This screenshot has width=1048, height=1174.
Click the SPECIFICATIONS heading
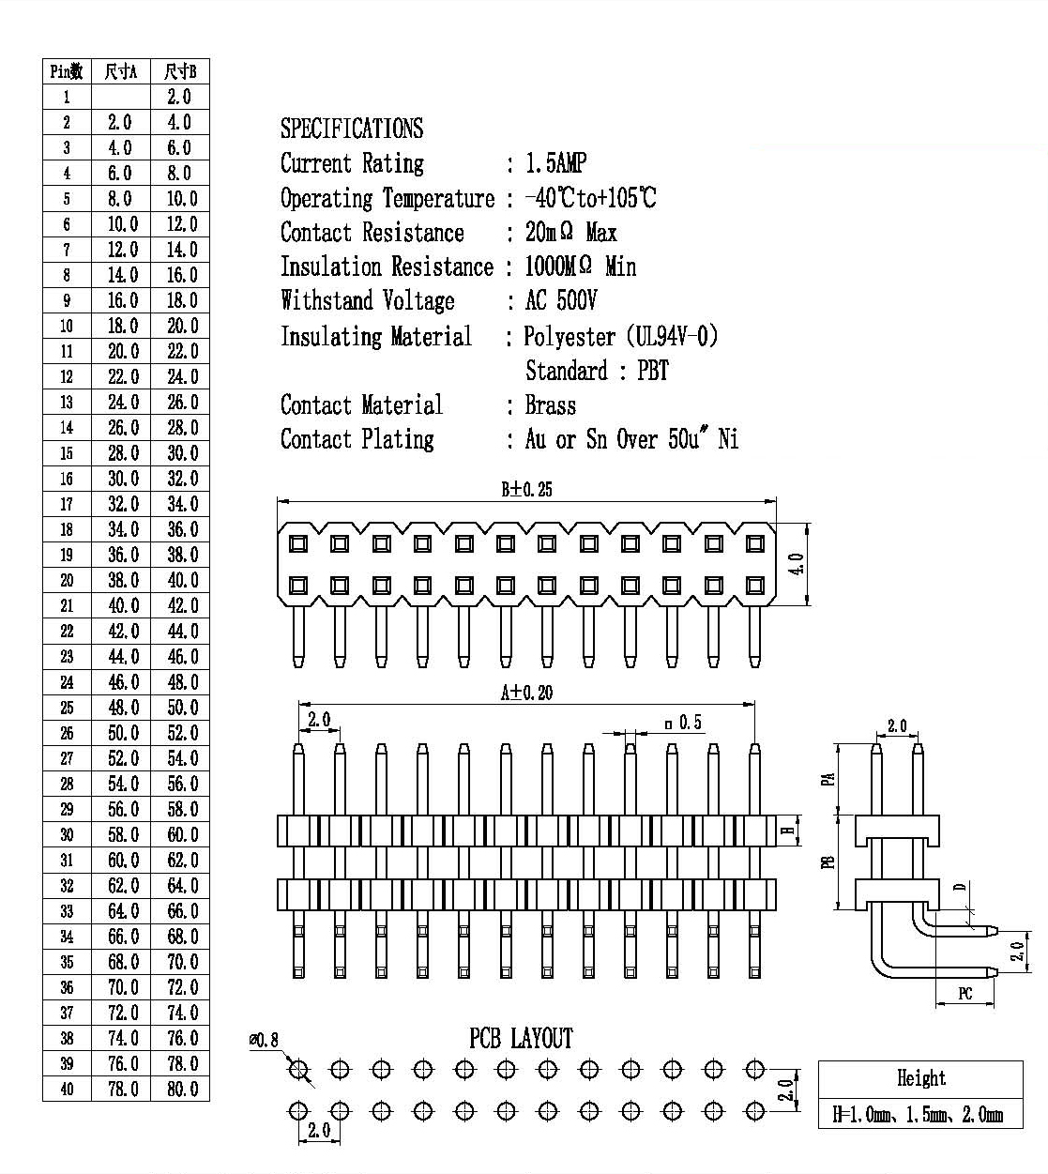pos(352,129)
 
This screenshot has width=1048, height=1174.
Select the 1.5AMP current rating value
pos(555,163)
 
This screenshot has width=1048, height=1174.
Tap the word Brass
pos(551,405)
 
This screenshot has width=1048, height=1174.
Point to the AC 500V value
pos(561,300)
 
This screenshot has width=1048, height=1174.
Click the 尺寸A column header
pos(121,72)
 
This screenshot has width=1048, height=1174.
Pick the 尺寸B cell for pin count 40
pos(183,1090)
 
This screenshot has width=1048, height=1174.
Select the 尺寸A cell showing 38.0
pos(124,580)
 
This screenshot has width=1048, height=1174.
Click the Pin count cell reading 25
pos(67,708)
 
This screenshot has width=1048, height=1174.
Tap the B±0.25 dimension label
pos(526,490)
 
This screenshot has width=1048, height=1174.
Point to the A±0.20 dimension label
pos(526,693)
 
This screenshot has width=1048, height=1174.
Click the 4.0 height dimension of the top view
pos(797,563)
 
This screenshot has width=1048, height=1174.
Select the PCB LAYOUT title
pos(521,1039)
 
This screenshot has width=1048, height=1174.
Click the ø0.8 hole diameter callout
pos(265,1040)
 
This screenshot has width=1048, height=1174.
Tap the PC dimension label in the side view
pos(965,994)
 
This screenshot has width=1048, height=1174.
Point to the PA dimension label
pos(828,779)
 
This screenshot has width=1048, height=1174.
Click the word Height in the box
pos(921,1077)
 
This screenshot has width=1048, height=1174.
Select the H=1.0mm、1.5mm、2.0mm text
pos(918,1114)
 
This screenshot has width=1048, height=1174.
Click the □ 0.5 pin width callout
pos(684,723)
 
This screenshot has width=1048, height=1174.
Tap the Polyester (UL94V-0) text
pos(620,336)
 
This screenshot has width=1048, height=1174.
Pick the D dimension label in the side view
pos(961,887)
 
